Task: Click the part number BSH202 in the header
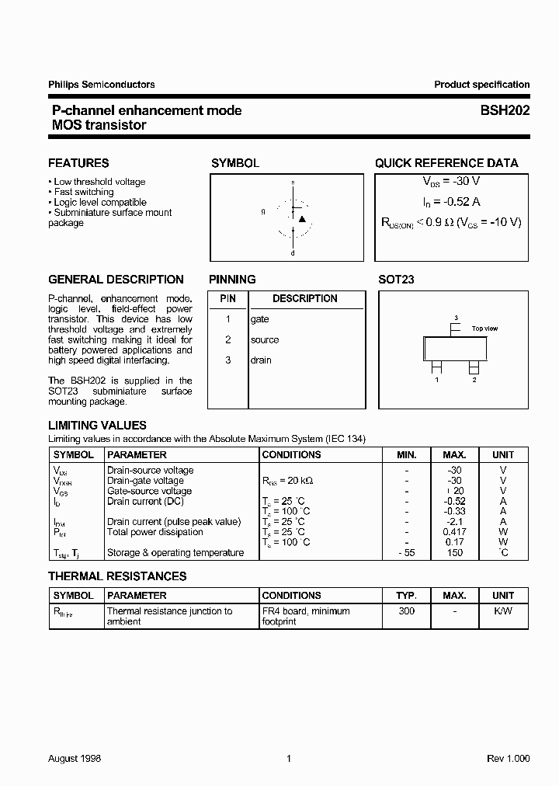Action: [x=505, y=110]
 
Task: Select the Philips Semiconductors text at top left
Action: [x=101, y=85]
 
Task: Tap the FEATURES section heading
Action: [x=78, y=163]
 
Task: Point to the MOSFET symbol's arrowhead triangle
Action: [x=302, y=219]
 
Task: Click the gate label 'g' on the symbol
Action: [x=263, y=211]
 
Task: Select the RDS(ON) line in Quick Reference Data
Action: [x=451, y=222]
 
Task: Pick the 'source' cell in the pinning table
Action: [x=264, y=339]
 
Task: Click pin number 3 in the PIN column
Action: [x=228, y=360]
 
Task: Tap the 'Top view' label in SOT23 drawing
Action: [x=484, y=329]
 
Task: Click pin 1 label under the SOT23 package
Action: [x=436, y=380]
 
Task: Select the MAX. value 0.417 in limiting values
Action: [x=454, y=532]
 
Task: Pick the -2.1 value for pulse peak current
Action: [x=454, y=522]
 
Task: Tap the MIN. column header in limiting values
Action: [x=406, y=454]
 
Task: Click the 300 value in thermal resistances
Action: [x=406, y=611]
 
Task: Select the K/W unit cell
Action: [x=502, y=611]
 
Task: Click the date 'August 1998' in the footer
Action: [x=75, y=758]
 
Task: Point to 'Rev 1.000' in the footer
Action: [x=509, y=758]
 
